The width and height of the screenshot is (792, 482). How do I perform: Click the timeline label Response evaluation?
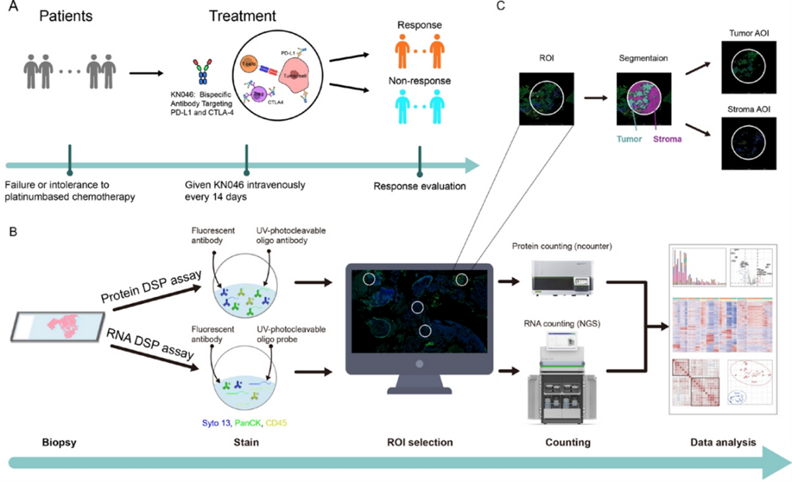pyautogui.click(x=419, y=187)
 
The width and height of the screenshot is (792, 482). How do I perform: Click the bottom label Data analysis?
pyautogui.click(x=719, y=442)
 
